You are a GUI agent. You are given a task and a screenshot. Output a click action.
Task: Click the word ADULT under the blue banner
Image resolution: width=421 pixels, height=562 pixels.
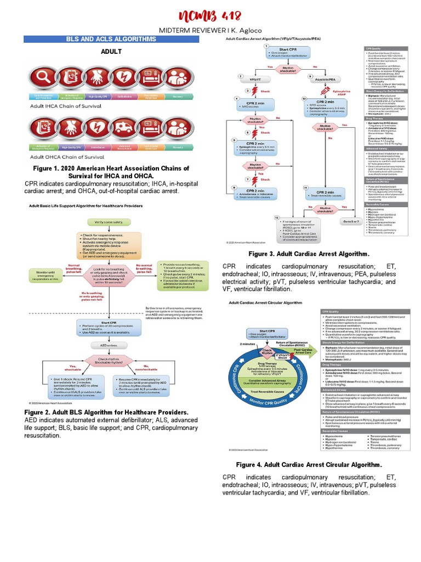[110, 51]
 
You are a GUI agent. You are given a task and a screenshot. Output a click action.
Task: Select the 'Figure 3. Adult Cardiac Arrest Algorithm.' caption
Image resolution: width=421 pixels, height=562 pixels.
[309, 254]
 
